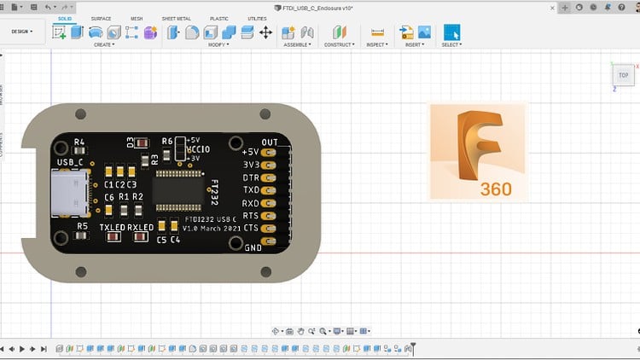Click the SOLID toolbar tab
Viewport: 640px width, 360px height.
pos(64,18)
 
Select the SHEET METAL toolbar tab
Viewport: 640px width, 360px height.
pos(177,18)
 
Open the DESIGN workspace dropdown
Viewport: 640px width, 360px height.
pos(21,32)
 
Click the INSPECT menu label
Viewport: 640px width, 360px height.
pos(376,44)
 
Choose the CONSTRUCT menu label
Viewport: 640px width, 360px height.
pos(338,44)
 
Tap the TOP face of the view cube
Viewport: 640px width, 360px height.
pos(623,75)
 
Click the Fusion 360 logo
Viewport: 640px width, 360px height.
pos(478,152)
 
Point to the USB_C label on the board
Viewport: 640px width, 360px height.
pos(70,161)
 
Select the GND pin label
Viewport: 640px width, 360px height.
pos(253,247)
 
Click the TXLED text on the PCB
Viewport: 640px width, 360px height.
pos(113,228)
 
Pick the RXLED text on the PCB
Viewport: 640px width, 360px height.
pos(140,228)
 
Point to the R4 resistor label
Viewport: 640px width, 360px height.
pos(79,142)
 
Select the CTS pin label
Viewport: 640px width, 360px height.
pos(250,229)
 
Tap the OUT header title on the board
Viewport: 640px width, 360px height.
pos(270,142)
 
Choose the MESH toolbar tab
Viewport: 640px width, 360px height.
pos(137,18)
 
